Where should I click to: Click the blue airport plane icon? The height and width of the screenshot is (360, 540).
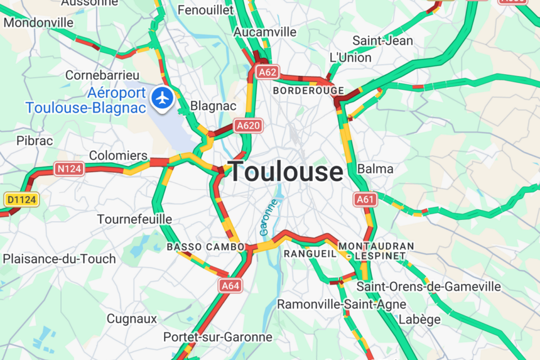point(163,98)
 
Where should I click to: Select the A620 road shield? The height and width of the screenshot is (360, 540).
point(248,125)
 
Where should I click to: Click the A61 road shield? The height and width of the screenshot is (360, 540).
point(364,199)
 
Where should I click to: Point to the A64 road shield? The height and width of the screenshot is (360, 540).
point(230,286)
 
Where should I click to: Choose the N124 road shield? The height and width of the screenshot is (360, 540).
point(69,168)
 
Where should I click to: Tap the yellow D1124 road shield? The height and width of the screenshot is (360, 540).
point(21,199)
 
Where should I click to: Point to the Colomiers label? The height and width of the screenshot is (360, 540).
point(118,156)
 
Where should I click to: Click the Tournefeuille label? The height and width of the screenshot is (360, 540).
point(134,219)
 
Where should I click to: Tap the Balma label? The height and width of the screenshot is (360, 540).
point(375,169)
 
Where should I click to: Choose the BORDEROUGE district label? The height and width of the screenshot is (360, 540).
point(308,91)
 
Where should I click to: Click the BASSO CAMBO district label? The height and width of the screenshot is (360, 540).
point(206,247)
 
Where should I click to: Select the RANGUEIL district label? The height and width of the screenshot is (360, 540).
point(310,254)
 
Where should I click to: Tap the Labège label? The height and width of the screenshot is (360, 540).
point(420,319)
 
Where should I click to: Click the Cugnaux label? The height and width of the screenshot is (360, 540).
point(132,319)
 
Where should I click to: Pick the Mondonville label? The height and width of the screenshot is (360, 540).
point(38,23)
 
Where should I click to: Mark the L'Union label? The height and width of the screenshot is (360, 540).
point(350,57)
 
